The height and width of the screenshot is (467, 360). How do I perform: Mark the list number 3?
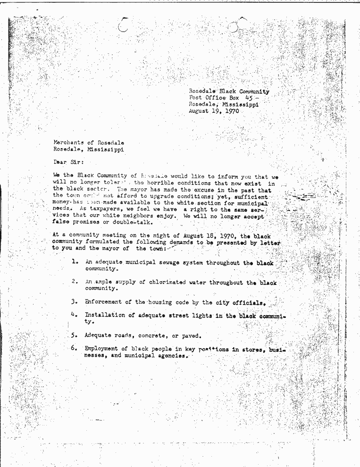pyautogui.click(x=74, y=301)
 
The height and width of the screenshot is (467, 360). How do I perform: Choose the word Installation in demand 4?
pyautogui.click(x=105, y=315)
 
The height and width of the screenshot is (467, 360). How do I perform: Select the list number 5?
pyautogui.click(x=74, y=335)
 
